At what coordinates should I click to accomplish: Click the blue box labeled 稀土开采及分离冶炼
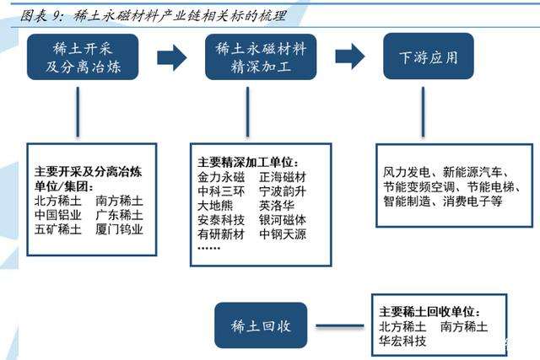coord(84,57)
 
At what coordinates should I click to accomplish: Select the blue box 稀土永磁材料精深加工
coord(260,57)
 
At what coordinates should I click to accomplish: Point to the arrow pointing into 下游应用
coord(350,56)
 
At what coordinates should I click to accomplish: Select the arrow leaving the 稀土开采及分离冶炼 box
coord(171,56)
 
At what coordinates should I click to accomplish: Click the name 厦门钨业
coord(120,228)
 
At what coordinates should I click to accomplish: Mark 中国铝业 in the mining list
coord(58,215)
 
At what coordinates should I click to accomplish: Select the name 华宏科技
coord(402,341)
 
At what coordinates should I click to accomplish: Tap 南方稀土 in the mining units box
coord(120,201)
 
